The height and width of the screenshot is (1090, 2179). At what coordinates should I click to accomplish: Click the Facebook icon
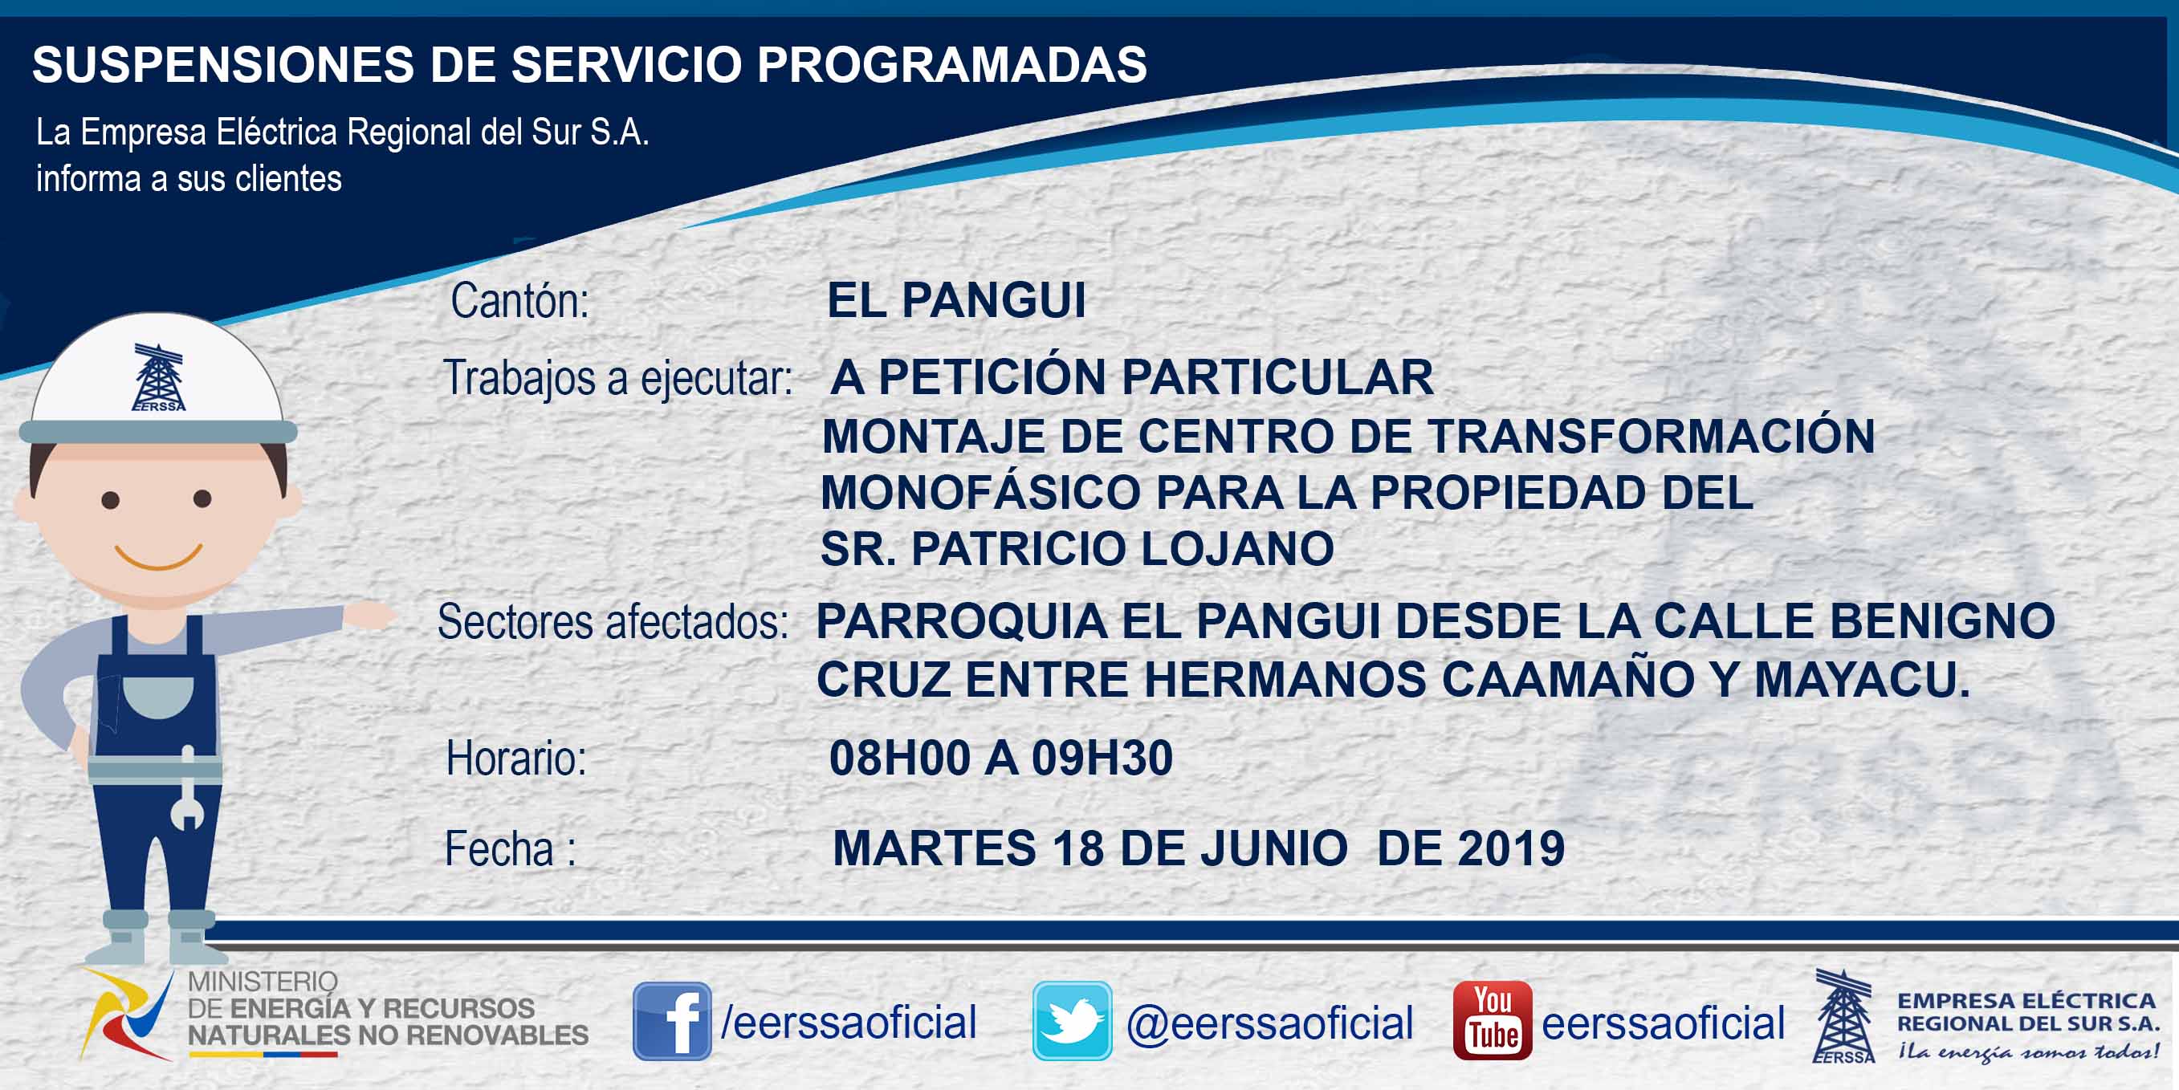[672, 1021]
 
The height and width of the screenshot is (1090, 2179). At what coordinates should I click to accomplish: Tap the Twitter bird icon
[1072, 1021]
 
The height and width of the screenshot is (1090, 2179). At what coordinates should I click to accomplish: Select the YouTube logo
[1492, 1020]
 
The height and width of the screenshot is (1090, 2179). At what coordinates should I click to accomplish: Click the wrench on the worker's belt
[187, 788]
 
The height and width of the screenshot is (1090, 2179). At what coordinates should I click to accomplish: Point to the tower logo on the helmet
[158, 377]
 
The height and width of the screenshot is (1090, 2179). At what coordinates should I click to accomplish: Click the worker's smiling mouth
[158, 555]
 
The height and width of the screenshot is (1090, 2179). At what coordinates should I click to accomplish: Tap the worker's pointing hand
[369, 616]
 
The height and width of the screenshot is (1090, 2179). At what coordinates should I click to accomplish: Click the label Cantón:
[519, 300]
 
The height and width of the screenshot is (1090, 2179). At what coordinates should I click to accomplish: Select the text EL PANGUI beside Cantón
[956, 300]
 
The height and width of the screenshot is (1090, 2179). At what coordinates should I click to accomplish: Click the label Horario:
[516, 758]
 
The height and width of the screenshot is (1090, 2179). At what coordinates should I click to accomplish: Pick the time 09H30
[1102, 758]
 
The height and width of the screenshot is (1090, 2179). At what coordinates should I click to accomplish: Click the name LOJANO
[1237, 549]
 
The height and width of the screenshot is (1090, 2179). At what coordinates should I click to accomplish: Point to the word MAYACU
[1861, 679]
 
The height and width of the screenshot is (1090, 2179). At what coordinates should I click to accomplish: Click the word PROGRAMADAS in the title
[951, 64]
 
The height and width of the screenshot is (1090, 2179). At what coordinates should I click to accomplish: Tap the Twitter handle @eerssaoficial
[1269, 1023]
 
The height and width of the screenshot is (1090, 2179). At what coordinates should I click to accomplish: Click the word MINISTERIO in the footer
[263, 982]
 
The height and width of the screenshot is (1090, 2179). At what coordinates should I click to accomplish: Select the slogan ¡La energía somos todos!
[2027, 1051]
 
